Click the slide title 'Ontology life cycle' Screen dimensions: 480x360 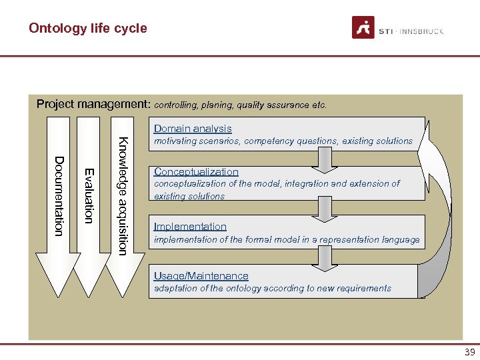click(87, 29)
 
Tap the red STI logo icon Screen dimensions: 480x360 click(363, 27)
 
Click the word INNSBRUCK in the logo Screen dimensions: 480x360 click(422, 31)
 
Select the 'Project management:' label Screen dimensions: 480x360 click(93, 104)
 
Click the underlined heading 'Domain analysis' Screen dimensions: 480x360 click(193, 129)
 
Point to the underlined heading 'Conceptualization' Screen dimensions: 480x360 click(196, 171)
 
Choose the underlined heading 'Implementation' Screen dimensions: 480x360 click(190, 227)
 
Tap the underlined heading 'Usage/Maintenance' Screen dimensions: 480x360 click(201, 276)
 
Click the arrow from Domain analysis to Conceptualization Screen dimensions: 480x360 click(324, 158)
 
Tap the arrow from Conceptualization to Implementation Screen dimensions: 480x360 click(324, 210)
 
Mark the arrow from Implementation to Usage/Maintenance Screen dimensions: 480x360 click(324, 258)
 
